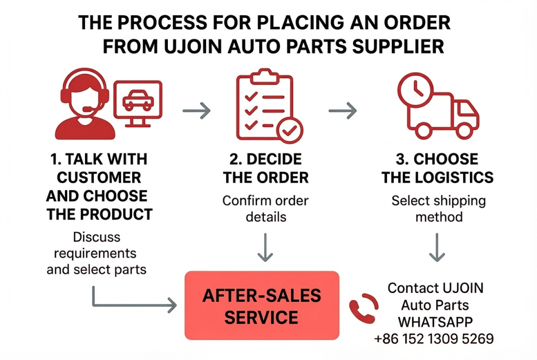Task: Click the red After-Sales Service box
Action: point(262,306)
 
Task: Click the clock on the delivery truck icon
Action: point(415,90)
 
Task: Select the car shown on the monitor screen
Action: point(138,100)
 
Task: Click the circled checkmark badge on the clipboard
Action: point(289,130)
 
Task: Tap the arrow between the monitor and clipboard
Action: point(196,111)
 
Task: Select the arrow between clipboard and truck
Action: point(342,111)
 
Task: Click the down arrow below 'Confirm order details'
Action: point(265,247)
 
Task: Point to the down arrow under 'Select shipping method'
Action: point(437,247)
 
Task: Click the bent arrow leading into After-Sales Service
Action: point(94,304)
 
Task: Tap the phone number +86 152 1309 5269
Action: point(434,339)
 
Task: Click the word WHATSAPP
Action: point(435,322)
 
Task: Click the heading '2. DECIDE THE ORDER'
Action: point(266,168)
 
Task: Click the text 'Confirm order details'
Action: point(265,209)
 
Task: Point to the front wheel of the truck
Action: point(464,130)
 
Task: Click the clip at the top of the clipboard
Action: point(264,77)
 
